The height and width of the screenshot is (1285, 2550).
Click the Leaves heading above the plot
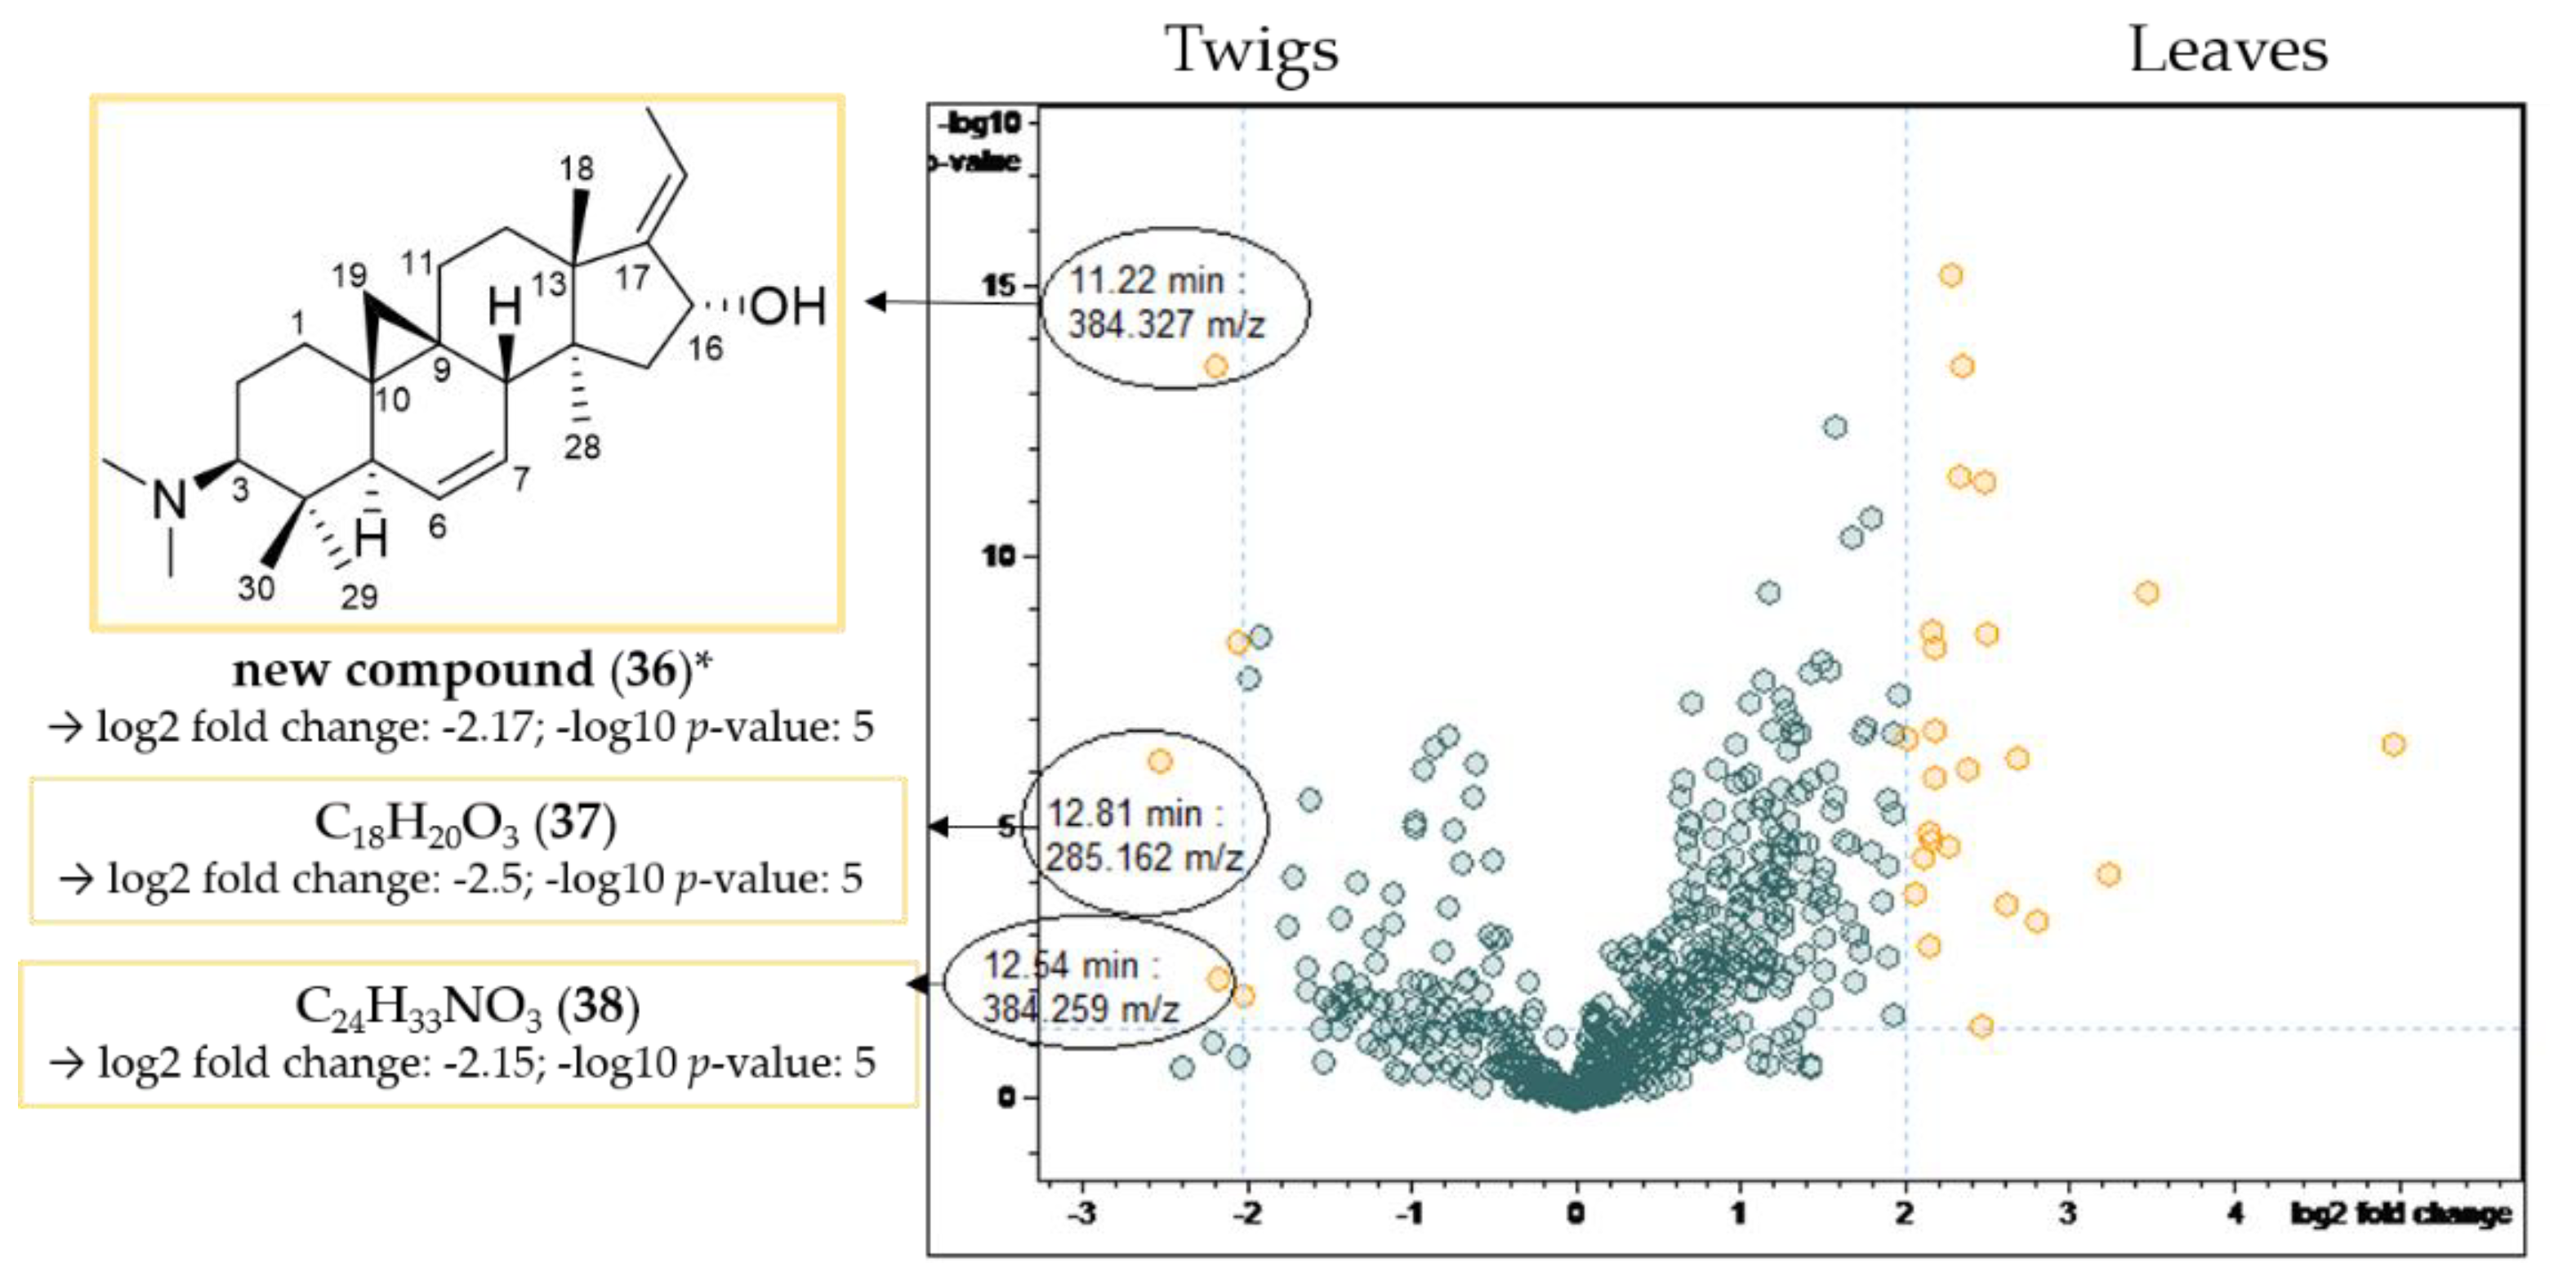tap(2227, 50)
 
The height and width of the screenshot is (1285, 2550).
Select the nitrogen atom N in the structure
tap(169, 499)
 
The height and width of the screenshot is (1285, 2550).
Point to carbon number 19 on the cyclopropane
tap(350, 275)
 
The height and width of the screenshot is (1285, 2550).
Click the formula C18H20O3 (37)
tap(466, 823)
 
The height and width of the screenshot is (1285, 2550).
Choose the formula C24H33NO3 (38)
tap(467, 1006)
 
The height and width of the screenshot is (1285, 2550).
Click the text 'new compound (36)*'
tap(471, 670)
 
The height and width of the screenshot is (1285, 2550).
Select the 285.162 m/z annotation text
tap(1143, 857)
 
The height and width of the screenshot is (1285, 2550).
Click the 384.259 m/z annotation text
tap(1081, 1009)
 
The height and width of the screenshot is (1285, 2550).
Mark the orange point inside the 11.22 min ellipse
tap(1215, 366)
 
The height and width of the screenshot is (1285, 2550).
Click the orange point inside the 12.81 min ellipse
tap(1160, 761)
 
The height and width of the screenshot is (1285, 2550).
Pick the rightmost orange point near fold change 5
tap(2392, 743)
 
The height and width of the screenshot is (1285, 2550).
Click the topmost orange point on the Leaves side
tap(1950, 274)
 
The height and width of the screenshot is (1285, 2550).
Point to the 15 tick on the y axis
tap(1000, 285)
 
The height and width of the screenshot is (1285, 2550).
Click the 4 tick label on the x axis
tap(2234, 1213)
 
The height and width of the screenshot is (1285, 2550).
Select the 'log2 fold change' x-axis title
tap(2401, 1213)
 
